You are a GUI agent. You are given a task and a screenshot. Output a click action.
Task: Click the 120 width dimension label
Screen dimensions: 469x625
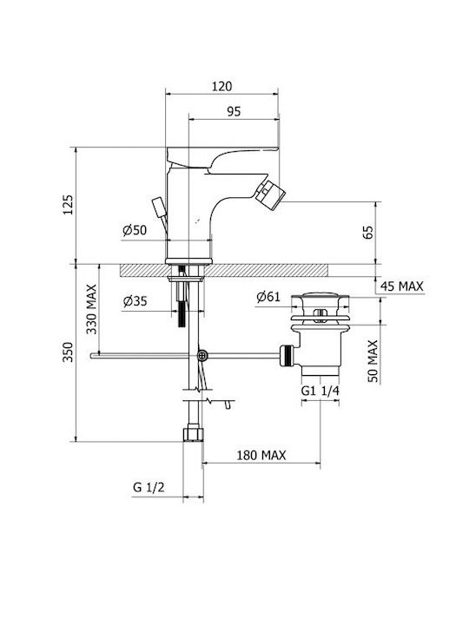click(221, 86)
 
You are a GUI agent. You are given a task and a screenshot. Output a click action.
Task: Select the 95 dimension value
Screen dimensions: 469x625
click(234, 111)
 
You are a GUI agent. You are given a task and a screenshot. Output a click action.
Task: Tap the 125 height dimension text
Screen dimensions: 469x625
click(69, 205)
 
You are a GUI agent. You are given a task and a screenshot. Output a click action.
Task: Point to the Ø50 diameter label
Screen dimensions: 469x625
click(135, 230)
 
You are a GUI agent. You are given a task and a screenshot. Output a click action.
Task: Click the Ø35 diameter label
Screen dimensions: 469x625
click(135, 301)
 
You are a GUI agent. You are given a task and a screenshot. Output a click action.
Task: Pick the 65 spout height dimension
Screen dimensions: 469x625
click(369, 232)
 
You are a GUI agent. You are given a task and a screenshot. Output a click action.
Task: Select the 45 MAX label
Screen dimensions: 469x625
click(401, 286)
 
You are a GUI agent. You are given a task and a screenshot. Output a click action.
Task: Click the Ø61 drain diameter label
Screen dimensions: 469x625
click(268, 297)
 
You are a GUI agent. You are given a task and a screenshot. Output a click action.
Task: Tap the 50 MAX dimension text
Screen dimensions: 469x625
click(373, 361)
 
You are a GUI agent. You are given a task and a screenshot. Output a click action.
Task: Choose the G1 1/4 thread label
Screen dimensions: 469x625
click(320, 391)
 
